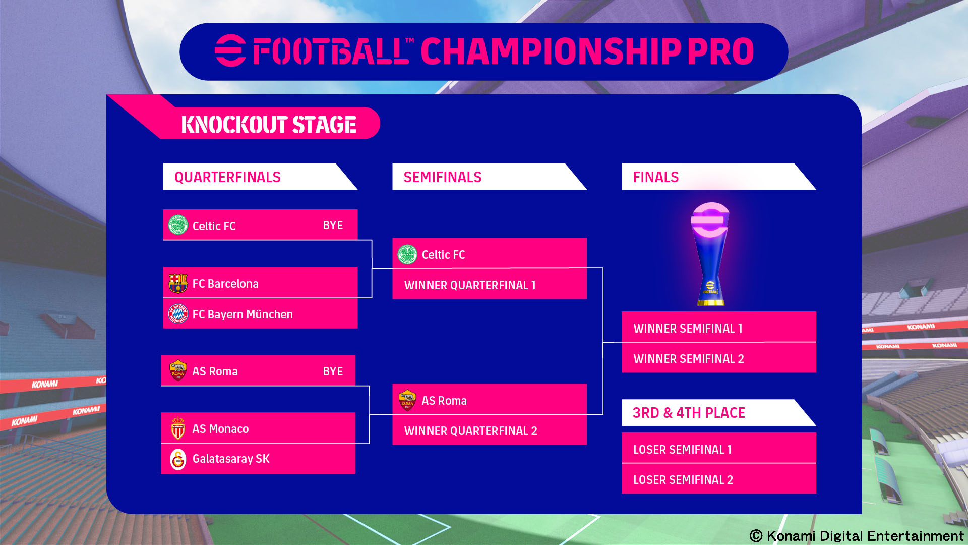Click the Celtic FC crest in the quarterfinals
178,225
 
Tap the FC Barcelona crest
178,283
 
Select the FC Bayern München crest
178,314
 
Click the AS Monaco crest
178,428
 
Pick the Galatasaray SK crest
178,459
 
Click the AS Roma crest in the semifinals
407,400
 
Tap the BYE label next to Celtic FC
333,225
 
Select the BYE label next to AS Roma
333,371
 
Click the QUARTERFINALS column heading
227,177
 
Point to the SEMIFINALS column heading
442,177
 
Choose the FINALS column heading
655,177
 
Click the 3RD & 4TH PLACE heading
689,413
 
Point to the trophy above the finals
710,254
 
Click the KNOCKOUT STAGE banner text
269,125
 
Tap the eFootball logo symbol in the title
230,50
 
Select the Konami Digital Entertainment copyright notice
857,536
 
